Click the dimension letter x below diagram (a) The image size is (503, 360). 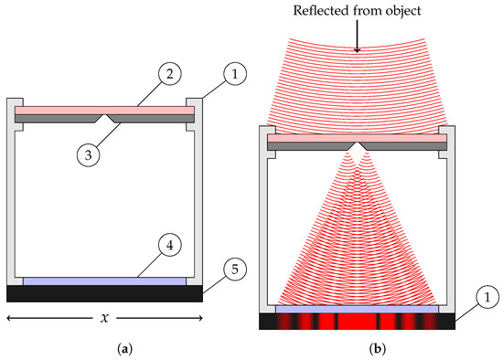(x=104, y=319)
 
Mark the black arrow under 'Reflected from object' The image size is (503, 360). (x=358, y=38)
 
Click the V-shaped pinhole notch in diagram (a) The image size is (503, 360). (x=109, y=119)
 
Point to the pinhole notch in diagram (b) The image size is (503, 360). (x=358, y=145)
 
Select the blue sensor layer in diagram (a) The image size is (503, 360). (x=104, y=281)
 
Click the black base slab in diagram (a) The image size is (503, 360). (x=104, y=293)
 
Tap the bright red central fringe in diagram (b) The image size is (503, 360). (x=358, y=322)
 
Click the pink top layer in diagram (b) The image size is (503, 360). (x=358, y=137)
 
